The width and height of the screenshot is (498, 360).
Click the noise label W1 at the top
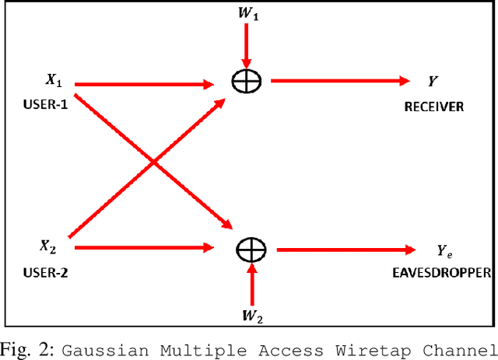pyautogui.click(x=247, y=13)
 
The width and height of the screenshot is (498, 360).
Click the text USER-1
pyautogui.click(x=46, y=103)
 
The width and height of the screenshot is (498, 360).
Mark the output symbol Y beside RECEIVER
pyautogui.click(x=432, y=80)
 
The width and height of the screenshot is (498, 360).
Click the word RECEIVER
pyautogui.click(x=434, y=107)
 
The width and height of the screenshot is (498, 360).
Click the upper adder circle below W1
pyautogui.click(x=247, y=80)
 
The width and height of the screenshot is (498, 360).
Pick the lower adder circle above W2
pyautogui.click(x=251, y=249)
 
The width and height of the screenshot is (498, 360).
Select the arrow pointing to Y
pyautogui.click(x=339, y=80)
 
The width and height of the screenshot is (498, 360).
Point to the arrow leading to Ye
pyautogui.click(x=347, y=249)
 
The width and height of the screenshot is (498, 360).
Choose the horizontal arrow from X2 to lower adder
pyautogui.click(x=143, y=248)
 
